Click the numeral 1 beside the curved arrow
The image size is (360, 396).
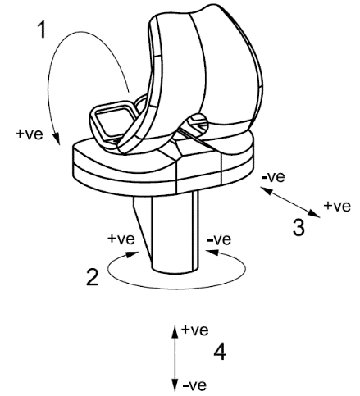point(42,30)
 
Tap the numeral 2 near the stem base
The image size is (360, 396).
point(93,277)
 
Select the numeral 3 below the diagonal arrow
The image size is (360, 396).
point(298,228)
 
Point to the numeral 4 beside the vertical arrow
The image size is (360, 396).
point(220,352)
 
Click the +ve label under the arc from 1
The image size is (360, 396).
point(30,134)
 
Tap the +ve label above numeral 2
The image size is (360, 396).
point(121,239)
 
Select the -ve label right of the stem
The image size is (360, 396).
point(219,239)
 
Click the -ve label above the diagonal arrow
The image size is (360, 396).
point(273,177)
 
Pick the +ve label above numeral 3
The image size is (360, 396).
point(337,206)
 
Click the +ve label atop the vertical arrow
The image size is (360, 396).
point(195,330)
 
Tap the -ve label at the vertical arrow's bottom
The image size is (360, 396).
point(194,385)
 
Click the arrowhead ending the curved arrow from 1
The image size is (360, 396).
point(57,139)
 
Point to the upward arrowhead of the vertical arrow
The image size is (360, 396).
point(175,331)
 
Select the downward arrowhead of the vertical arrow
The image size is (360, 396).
point(175,385)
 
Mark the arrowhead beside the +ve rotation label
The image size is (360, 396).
point(132,255)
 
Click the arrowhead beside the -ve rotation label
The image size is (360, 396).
point(213,253)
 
